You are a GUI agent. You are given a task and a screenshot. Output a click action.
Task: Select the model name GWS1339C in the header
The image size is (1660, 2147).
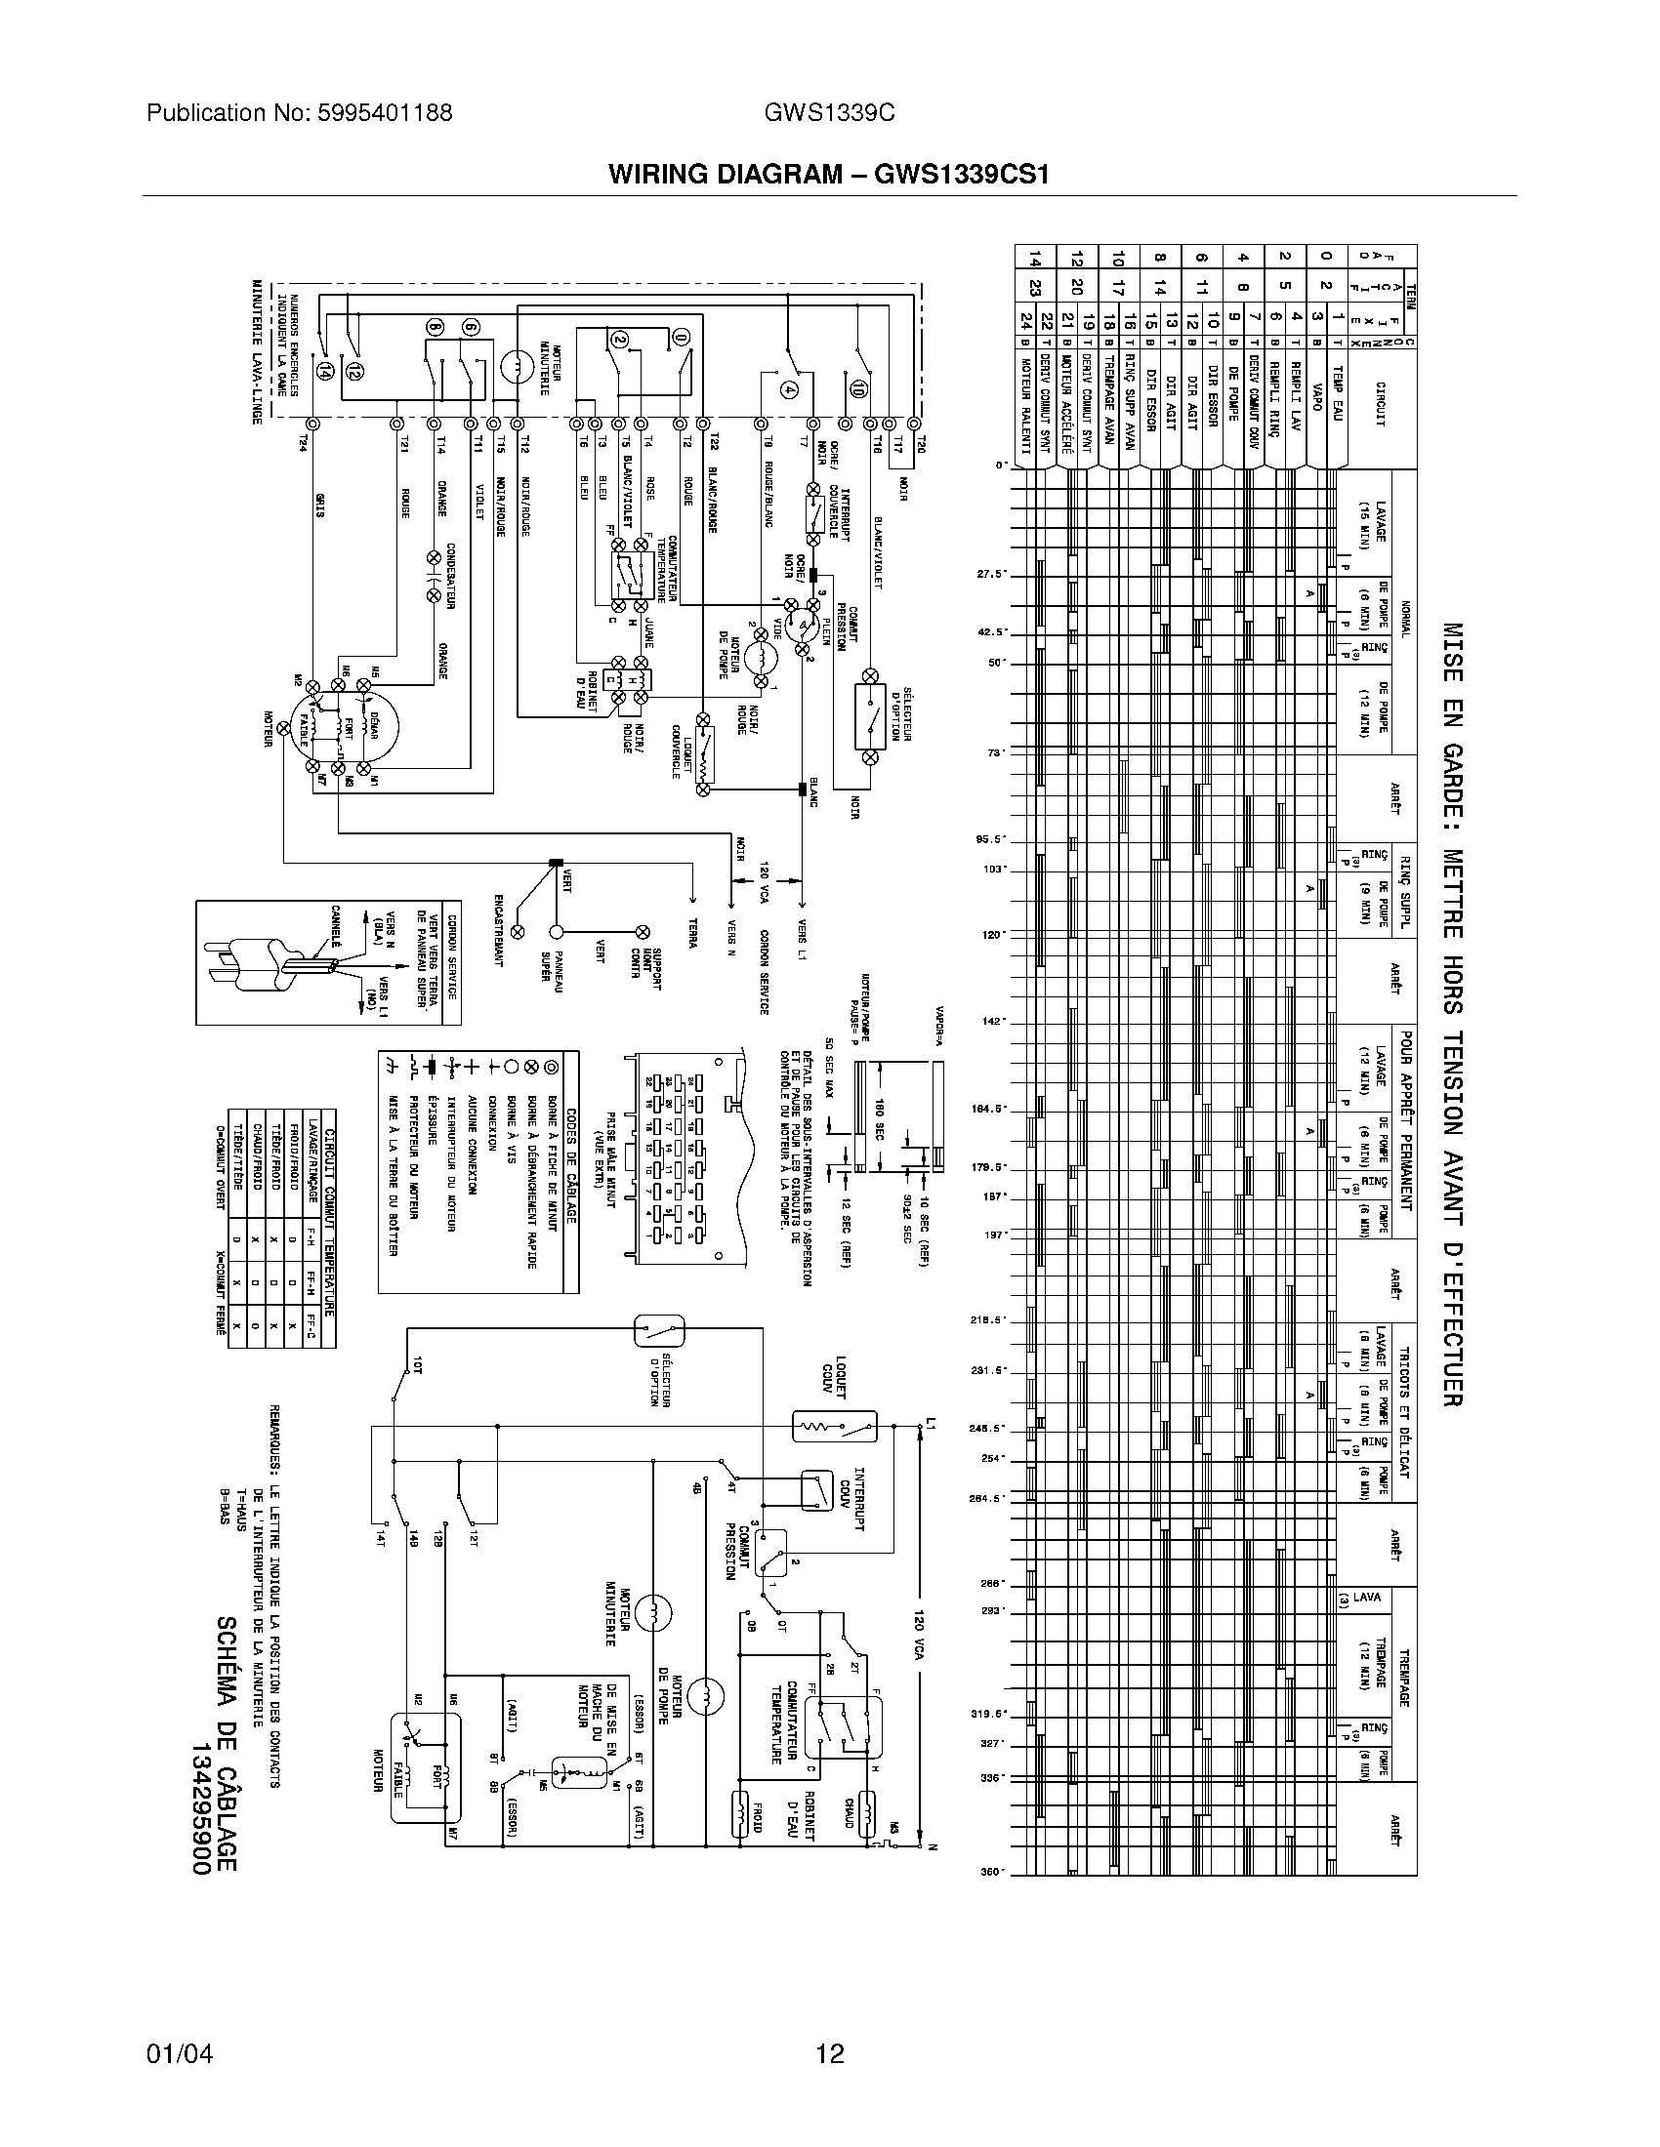point(829,113)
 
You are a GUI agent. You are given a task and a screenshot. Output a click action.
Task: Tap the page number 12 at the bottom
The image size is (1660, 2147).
point(830,2052)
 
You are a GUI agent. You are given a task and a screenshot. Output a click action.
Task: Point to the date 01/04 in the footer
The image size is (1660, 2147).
point(179,2052)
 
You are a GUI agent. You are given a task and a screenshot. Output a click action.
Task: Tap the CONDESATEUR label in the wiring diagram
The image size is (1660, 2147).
point(450,576)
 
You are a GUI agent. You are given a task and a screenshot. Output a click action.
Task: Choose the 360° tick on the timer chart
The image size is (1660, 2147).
point(991,1872)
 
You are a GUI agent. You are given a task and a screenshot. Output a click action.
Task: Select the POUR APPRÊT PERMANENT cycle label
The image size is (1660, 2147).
point(1406,1119)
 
